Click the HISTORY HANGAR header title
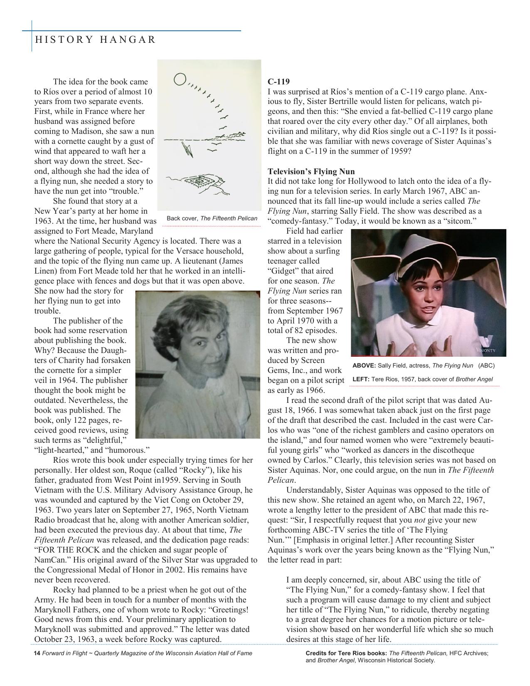pos(96,40)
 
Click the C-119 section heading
pos(279,81)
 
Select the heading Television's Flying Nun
pos(311,171)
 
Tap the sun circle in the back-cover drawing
pos(180,79)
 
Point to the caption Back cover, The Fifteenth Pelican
pos(212,218)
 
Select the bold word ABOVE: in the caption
pos(364,365)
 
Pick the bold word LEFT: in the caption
pos(361,379)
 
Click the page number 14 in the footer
pos(37,653)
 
